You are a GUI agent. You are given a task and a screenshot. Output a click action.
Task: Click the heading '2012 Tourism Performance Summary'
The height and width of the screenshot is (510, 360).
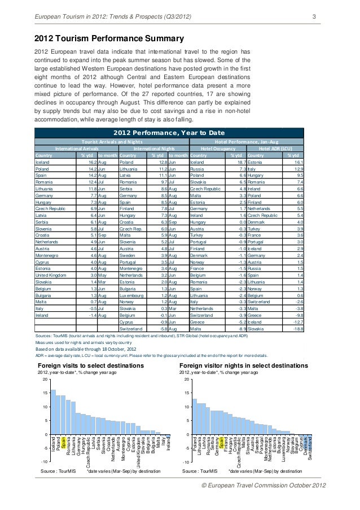(109, 38)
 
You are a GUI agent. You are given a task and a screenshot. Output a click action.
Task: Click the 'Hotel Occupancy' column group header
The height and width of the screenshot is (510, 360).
(218, 149)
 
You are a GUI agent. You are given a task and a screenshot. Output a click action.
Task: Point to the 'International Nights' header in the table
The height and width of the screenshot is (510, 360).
(153, 149)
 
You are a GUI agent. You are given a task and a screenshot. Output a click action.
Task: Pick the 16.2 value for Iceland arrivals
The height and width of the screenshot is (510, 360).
(89, 161)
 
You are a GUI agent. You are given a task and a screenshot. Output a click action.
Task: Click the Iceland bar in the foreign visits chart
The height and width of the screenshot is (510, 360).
(53, 411)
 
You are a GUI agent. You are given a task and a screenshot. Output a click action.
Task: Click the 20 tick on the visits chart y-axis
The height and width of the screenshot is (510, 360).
(45, 380)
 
